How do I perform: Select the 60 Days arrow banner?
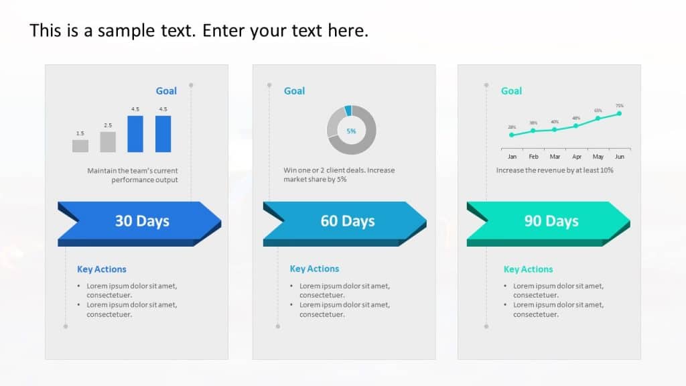pyautogui.click(x=345, y=220)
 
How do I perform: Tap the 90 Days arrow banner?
pyautogui.click(x=549, y=220)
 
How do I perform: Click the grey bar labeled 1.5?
pyautogui.click(x=80, y=145)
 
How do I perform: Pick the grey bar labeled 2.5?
pyautogui.click(x=108, y=141)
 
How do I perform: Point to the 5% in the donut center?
pyautogui.click(x=351, y=131)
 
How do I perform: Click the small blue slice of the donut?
pyautogui.click(x=348, y=111)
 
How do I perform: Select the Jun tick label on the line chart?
pyautogui.click(x=620, y=157)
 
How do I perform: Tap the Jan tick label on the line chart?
pyautogui.click(x=512, y=157)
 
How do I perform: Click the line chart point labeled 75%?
pyautogui.click(x=619, y=113)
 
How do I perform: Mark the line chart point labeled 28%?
pyautogui.click(x=512, y=135)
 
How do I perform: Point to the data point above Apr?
pyautogui.click(x=576, y=126)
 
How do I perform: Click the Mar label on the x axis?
pyautogui.click(x=555, y=157)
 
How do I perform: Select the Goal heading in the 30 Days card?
pyautogui.click(x=166, y=91)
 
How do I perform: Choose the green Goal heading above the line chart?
pyautogui.click(x=511, y=91)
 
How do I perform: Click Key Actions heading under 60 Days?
pyautogui.click(x=314, y=269)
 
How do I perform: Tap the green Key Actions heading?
pyautogui.click(x=528, y=269)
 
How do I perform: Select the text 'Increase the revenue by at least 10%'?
pyautogui.click(x=555, y=170)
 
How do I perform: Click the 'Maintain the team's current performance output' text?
pyautogui.click(x=133, y=175)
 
